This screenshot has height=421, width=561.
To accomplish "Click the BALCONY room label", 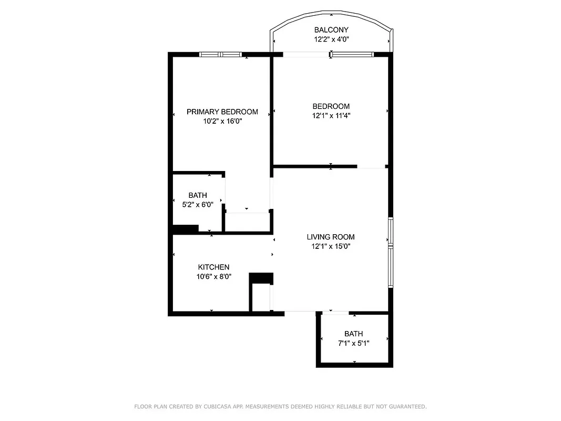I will pos(331,30).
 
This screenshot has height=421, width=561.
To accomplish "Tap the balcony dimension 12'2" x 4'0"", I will pos(331,39).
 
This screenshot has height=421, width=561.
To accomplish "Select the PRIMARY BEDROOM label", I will pos(222,112).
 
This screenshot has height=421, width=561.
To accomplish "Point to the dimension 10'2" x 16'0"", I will pos(222,121).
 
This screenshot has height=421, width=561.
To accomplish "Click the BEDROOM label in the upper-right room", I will pos(331,106).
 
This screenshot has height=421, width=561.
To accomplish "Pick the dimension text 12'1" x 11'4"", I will pos(331,116).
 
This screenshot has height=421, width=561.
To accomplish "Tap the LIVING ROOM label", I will pos(331,237).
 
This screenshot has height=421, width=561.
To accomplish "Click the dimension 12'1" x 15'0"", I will pos(331,246).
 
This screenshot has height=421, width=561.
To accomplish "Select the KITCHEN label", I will pos(213,267).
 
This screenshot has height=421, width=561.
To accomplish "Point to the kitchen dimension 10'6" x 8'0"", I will pos(213,276).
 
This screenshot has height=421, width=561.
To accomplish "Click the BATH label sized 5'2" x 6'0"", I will pos(198,195).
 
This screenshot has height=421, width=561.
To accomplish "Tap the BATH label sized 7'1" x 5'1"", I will pos(354,334).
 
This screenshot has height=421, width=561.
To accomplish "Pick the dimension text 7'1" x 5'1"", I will pos(354,343).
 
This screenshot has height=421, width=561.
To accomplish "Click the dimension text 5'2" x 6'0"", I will pos(198,205).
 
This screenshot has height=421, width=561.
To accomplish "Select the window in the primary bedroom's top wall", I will pos(221,54).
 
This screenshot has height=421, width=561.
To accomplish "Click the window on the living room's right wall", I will pos(390,253).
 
